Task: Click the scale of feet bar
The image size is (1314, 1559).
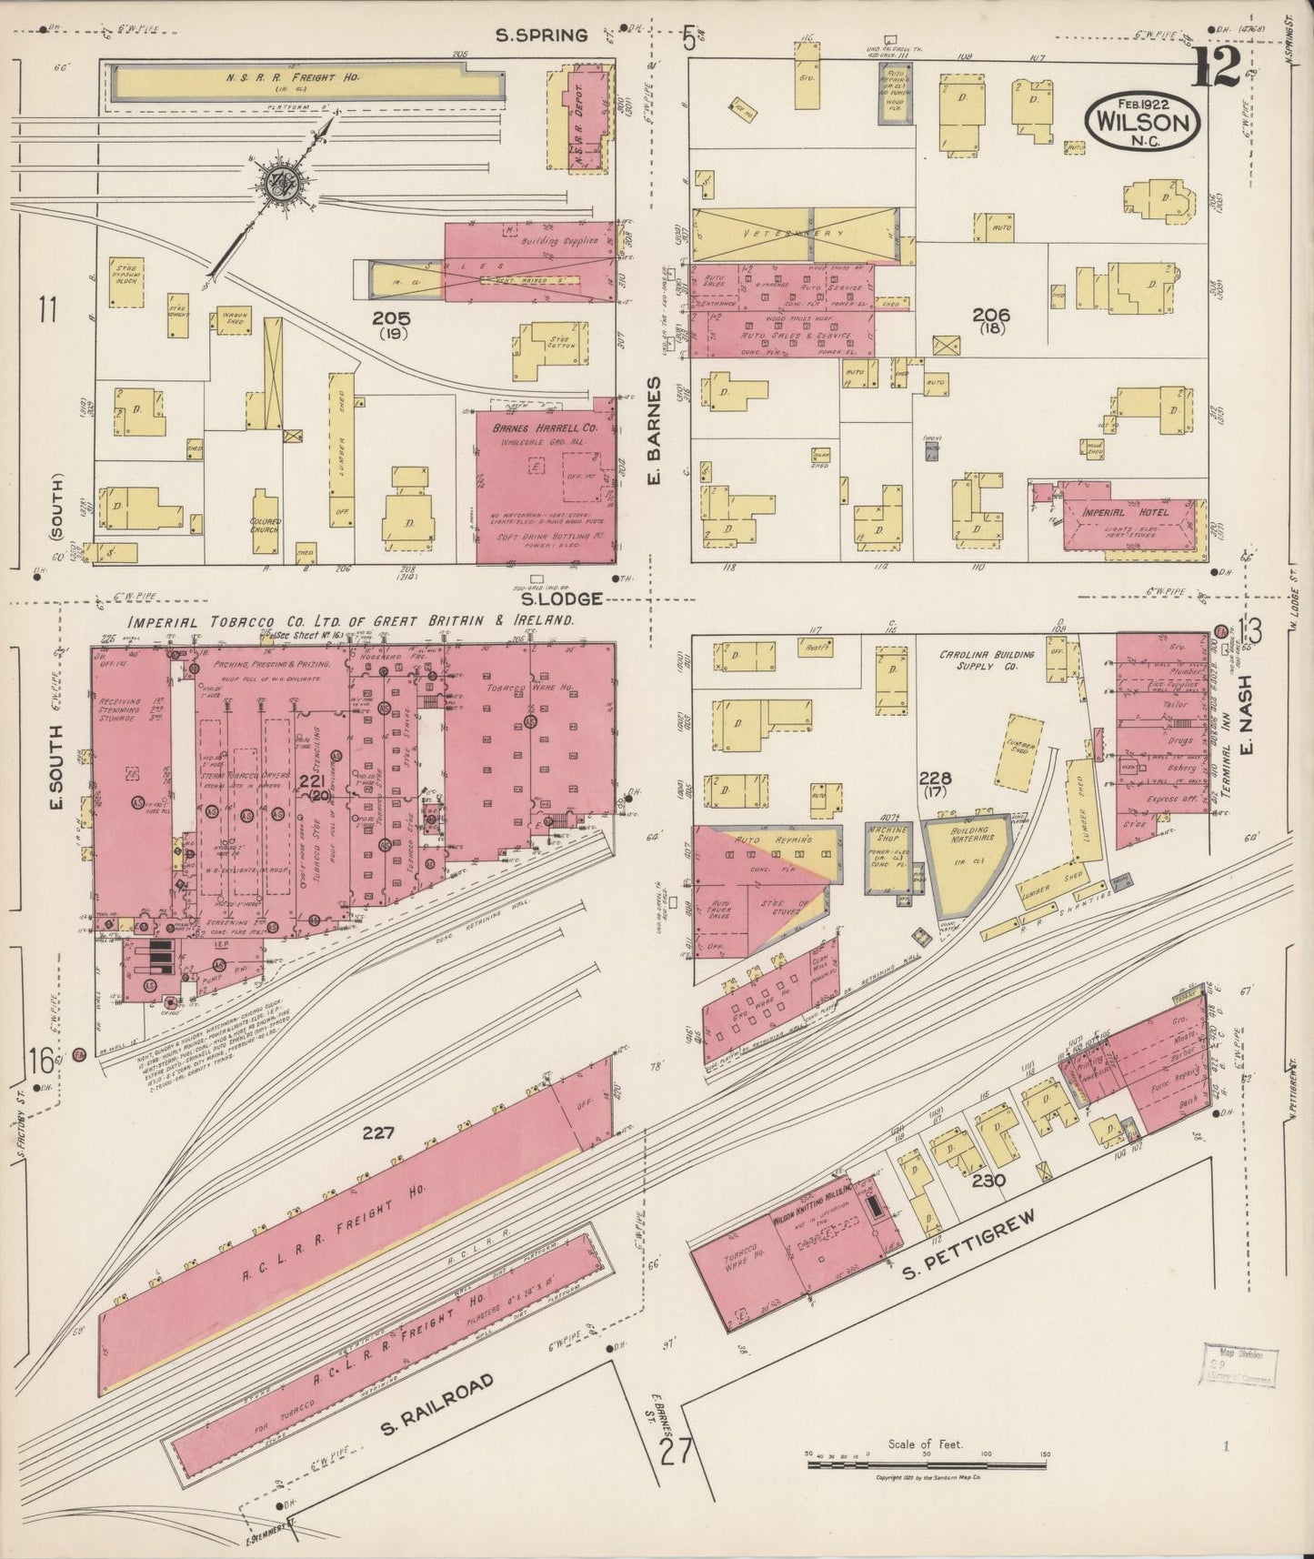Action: click(x=926, y=1465)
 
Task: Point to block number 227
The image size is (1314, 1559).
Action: click(x=378, y=1132)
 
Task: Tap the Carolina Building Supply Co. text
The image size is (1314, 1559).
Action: click(x=988, y=660)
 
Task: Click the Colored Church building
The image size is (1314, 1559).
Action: click(x=265, y=525)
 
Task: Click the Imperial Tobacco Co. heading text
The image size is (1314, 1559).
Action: click(x=350, y=620)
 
